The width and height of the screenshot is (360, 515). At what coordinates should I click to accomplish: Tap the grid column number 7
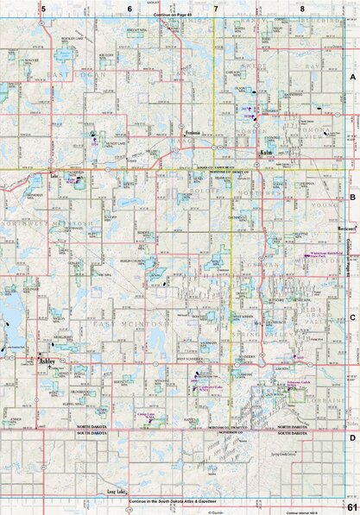pyautogui.click(x=215, y=8)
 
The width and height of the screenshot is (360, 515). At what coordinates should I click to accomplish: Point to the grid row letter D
pyautogui.click(x=351, y=437)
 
